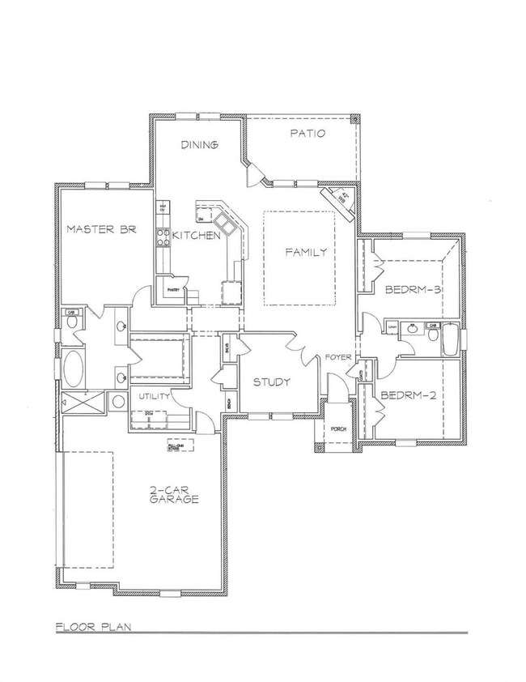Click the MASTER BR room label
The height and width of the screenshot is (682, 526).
(100, 229)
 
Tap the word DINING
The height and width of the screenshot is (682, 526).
(199, 145)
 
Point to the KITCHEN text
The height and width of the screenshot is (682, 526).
(196, 237)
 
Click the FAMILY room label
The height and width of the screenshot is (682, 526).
(306, 252)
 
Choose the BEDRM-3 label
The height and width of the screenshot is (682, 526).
(412, 289)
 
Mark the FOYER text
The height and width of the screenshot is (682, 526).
(338, 356)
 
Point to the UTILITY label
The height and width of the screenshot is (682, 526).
(153, 396)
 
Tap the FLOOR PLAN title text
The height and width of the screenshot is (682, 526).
(94, 626)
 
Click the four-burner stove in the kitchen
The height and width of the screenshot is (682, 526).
(161, 237)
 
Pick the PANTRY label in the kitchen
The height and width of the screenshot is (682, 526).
(172, 289)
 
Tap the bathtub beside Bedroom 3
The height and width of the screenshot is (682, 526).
(450, 339)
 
